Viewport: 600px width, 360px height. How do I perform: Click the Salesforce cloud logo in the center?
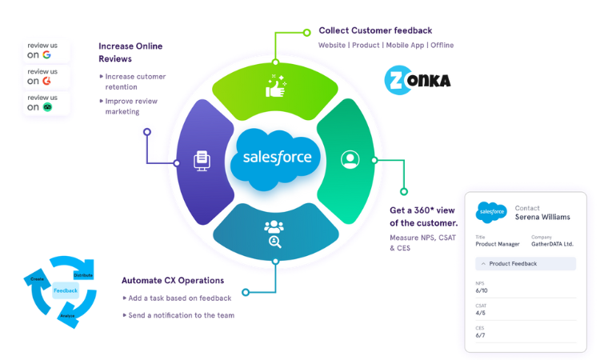coord(276,158)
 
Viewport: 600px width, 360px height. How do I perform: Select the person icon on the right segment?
coord(349,159)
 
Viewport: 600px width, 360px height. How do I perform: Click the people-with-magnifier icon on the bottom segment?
coord(274,233)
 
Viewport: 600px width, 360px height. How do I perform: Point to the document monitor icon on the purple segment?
coord(202,160)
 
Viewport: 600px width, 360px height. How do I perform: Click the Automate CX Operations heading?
coord(172,280)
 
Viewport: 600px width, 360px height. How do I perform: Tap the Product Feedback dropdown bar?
coord(526,263)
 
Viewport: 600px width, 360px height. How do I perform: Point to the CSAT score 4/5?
coord(482,313)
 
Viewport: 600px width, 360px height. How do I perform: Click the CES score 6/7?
coord(482,335)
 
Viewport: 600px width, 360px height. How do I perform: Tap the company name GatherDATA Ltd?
coord(553,244)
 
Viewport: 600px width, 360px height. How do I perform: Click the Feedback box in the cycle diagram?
coord(66,290)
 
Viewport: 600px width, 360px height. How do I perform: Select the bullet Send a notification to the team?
coord(181,315)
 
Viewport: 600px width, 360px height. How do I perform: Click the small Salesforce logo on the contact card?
coord(491,212)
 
